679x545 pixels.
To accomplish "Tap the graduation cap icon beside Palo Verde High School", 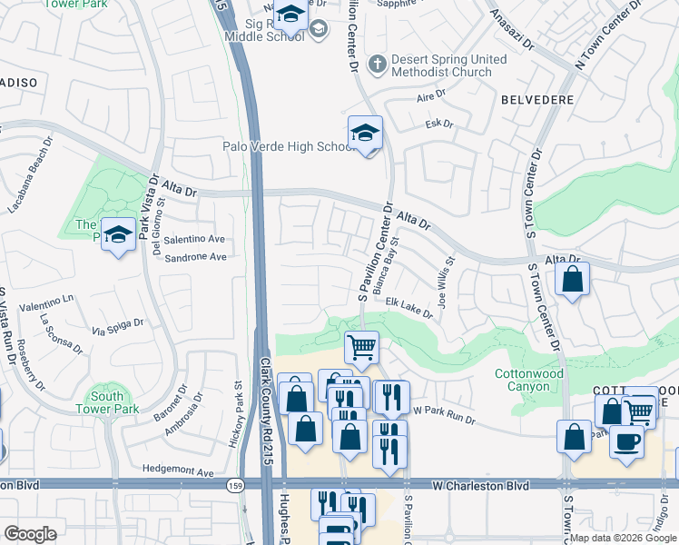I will (x=365, y=134).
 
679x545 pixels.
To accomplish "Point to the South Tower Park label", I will (x=107, y=402).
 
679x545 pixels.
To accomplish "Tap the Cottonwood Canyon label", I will (x=528, y=380).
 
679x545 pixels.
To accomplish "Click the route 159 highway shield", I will (x=233, y=486).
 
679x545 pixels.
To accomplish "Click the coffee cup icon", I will (x=626, y=441).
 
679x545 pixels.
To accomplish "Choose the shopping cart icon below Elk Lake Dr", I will (x=362, y=346).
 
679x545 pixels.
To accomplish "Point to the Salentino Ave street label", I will (x=193, y=239).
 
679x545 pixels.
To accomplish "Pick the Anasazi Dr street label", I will (x=511, y=30).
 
